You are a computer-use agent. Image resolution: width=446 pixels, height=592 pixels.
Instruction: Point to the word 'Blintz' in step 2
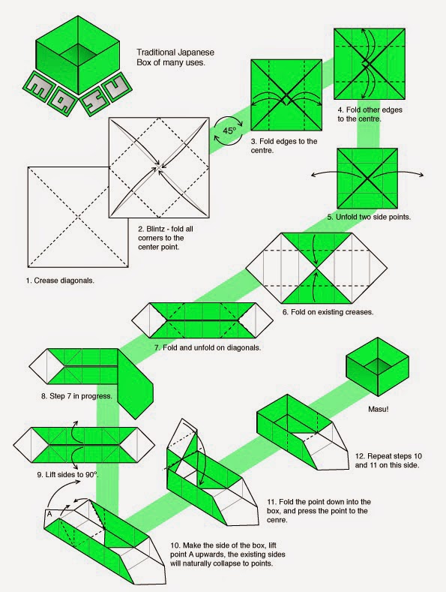pos(160,228)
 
